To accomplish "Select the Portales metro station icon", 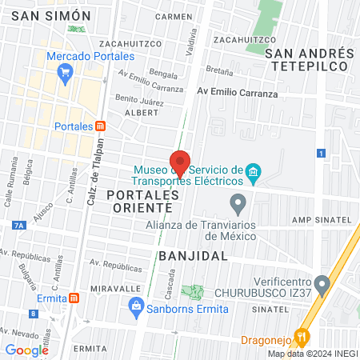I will [x=100, y=126].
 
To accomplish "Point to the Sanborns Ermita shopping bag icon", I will [x=136, y=306].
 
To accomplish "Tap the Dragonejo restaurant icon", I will [x=302, y=337].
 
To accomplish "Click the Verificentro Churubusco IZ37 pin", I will [x=322, y=283].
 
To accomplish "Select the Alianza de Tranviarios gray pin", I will [x=237, y=202].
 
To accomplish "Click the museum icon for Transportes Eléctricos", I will [x=254, y=173].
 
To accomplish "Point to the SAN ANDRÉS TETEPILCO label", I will [x=310, y=60].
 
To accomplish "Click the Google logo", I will [x=26, y=350].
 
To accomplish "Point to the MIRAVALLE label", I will [x=115, y=287].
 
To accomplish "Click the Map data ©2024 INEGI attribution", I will [x=311, y=354].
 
